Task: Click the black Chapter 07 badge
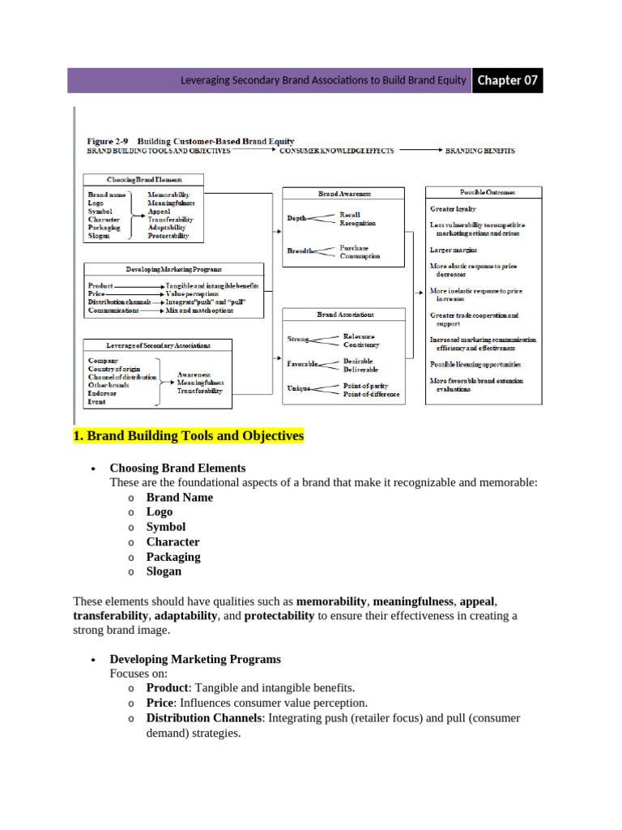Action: (507, 80)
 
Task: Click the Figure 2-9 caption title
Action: (190, 141)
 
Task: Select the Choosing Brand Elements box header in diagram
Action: (145, 179)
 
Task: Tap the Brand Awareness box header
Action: (343, 194)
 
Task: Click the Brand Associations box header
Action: (343, 314)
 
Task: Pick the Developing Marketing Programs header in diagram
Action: (173, 268)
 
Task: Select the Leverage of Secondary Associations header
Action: (158, 344)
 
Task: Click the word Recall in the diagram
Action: (351, 215)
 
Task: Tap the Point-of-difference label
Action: (371, 395)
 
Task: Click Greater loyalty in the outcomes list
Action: (453, 209)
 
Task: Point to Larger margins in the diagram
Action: (454, 250)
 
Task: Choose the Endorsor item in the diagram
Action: (103, 393)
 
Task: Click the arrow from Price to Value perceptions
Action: (139, 294)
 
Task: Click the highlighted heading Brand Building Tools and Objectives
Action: (188, 436)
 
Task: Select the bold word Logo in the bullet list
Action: (160, 512)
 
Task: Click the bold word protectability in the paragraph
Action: (279, 616)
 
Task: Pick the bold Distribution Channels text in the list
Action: (203, 718)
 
